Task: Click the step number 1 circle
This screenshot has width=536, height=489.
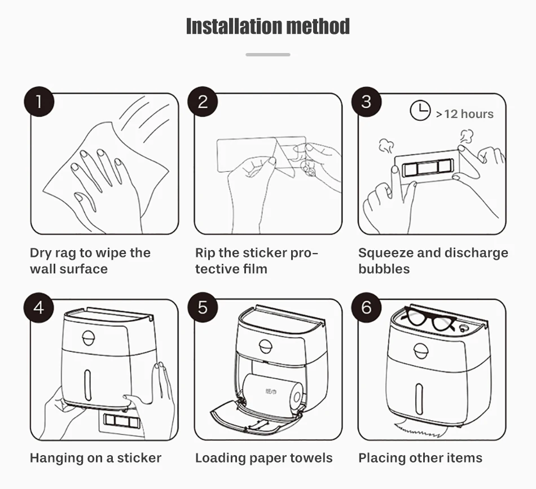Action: point(39,102)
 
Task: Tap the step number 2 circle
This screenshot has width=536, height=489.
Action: point(203,102)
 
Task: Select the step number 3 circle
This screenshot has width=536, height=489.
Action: point(366,102)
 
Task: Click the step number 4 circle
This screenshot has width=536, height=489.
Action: point(38,308)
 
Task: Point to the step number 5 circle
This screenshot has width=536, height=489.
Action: point(203,308)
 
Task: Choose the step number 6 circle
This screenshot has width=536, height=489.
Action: point(366,308)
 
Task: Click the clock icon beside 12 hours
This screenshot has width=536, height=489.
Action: point(420,111)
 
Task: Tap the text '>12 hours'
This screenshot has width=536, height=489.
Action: point(464,114)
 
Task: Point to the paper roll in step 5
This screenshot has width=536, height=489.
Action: point(273,394)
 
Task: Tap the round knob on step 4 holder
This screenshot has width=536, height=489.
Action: point(89,338)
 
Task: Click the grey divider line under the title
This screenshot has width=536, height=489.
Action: point(268,55)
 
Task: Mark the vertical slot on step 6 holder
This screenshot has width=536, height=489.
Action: point(419,399)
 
